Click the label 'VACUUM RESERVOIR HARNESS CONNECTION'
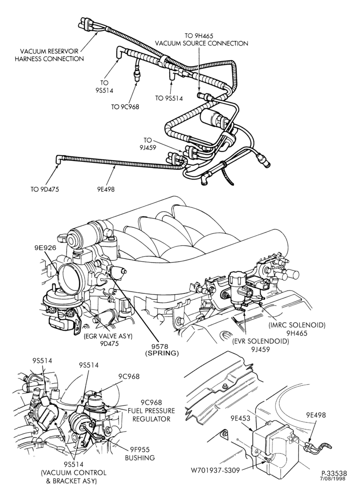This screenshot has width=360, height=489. coord(49,55)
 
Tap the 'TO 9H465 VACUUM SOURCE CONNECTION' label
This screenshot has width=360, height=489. coord(202,40)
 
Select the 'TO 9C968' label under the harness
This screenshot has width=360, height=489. coord(125,107)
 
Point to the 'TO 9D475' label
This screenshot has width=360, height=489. coord(45,189)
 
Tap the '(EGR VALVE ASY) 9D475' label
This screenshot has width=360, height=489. coord(108,340)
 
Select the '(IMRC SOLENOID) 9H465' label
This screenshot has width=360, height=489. coord(297,329)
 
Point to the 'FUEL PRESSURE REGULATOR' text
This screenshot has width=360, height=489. coord(151,415)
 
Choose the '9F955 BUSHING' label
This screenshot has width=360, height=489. coord(140,453)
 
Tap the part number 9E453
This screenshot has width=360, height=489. coord(241,418)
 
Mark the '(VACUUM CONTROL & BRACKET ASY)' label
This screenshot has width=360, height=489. coord(74,477)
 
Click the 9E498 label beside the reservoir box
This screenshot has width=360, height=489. coord(315,415)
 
